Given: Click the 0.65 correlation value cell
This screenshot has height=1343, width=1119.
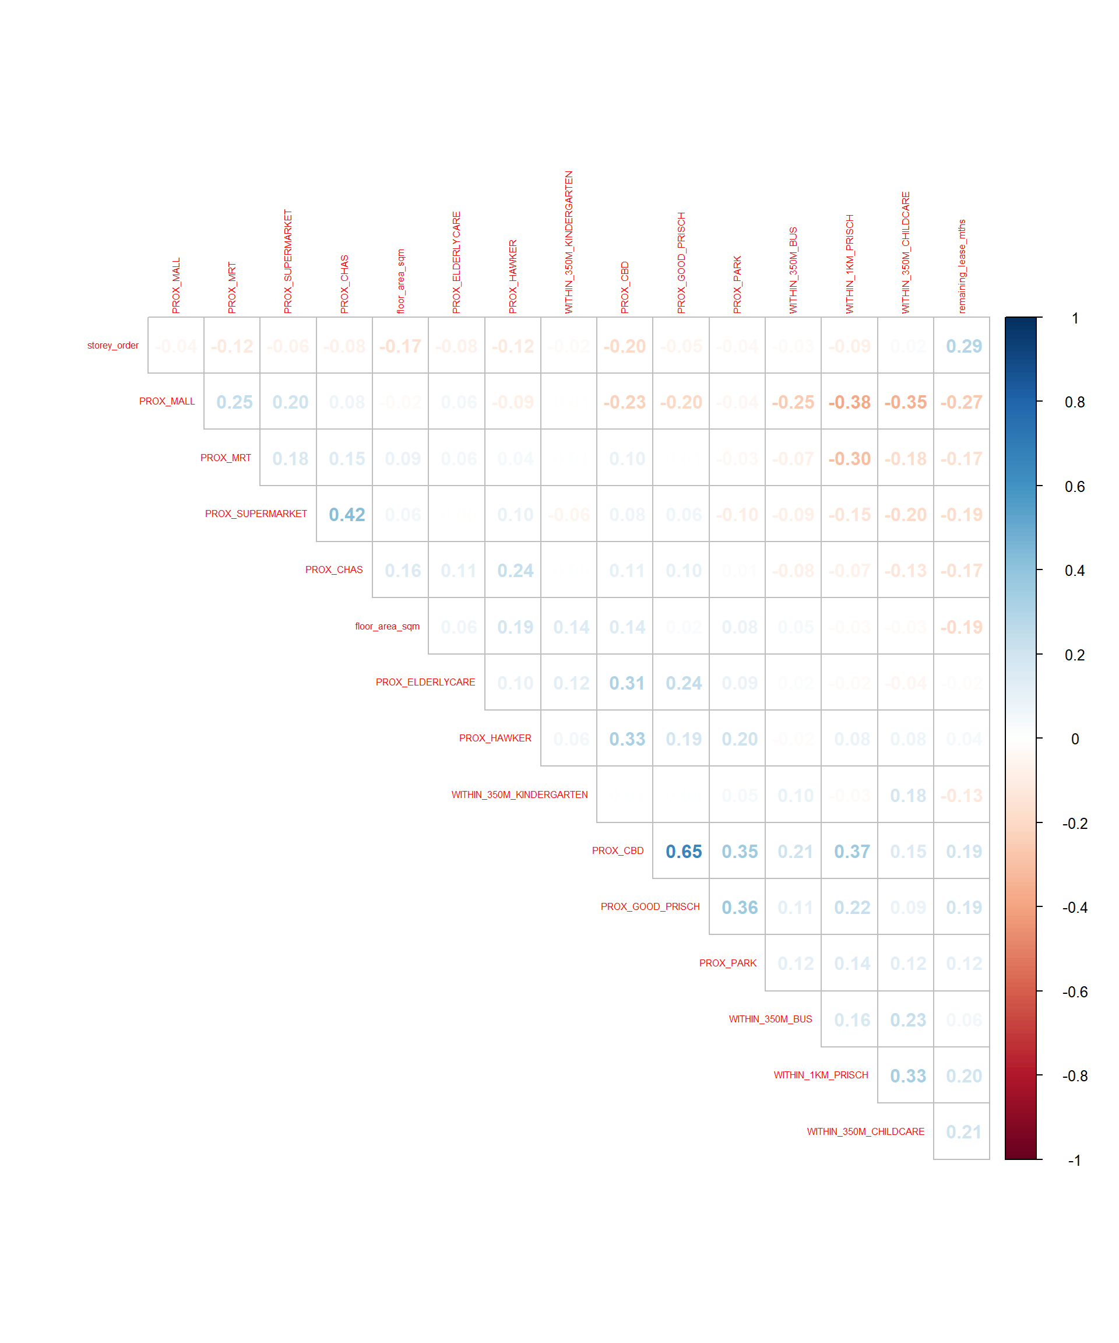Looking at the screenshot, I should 683,851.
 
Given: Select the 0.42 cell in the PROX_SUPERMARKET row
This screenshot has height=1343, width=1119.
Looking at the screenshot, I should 347,514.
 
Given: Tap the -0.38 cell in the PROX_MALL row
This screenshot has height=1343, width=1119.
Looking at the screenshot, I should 849,402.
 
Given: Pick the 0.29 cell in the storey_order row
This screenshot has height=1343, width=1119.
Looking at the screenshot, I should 963,346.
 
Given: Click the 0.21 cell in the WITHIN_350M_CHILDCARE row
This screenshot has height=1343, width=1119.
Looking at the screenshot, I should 963,1132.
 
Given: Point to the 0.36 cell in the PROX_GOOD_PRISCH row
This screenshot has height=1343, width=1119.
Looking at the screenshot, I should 739,908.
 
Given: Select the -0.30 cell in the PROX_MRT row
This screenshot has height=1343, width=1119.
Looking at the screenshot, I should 849,459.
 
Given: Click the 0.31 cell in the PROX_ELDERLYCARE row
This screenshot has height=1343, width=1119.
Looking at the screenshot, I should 627,683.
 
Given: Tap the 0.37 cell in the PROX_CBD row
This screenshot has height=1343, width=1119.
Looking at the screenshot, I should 851,851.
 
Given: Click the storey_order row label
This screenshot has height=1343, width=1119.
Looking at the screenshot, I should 112,345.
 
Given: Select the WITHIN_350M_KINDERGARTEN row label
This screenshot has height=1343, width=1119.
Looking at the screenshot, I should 519,794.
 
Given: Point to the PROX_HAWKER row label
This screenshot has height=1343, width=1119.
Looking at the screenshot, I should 495,738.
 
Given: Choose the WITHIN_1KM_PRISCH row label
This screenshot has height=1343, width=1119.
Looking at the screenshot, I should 821,1075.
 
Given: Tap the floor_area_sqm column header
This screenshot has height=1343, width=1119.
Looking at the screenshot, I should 401,282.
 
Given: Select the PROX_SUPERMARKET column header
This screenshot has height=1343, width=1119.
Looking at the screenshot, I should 288,262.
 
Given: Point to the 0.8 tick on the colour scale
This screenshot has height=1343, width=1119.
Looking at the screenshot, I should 1074,402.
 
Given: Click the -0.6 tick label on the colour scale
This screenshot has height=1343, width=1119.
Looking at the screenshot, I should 1074,992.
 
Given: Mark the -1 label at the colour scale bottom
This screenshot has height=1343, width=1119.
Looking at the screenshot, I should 1074,1160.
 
